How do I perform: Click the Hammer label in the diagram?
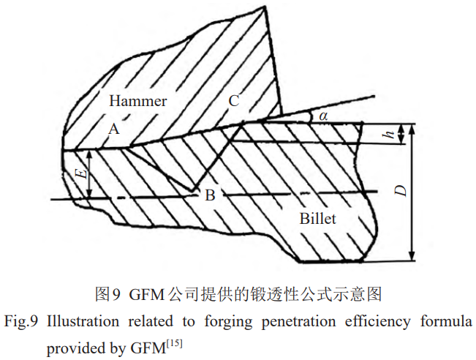click(x=138, y=102)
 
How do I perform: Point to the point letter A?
click(x=113, y=129)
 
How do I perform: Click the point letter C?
click(x=233, y=102)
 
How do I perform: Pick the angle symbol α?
click(x=322, y=116)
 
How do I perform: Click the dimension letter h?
click(x=392, y=134)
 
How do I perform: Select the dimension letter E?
click(x=82, y=174)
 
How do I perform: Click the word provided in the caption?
click(x=72, y=344)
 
